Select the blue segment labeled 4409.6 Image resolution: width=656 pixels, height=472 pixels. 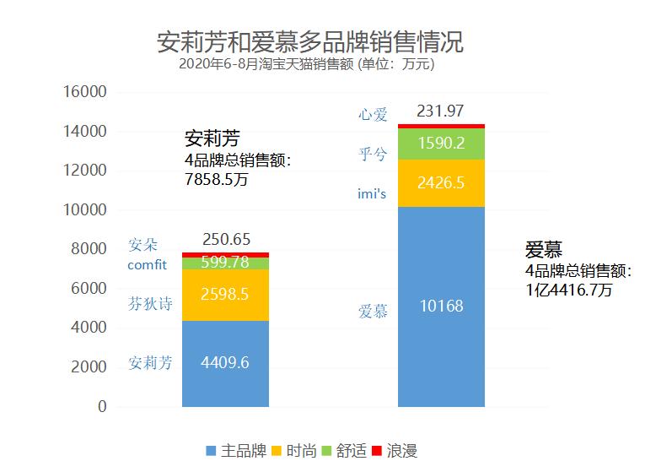225,363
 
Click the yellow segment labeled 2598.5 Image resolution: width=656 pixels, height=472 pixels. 225,295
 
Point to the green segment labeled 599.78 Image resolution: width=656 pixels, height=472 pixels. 225,263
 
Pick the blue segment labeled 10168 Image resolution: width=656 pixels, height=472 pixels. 441,307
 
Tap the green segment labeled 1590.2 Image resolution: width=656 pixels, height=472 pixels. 441,144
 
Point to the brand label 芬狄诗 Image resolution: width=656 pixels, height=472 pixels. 150,303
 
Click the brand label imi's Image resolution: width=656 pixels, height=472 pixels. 372,195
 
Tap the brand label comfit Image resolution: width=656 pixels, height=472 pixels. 148,265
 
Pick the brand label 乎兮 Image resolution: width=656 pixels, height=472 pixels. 373,154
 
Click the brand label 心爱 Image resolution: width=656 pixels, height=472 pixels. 373,114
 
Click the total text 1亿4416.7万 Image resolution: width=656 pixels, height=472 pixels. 569,288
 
